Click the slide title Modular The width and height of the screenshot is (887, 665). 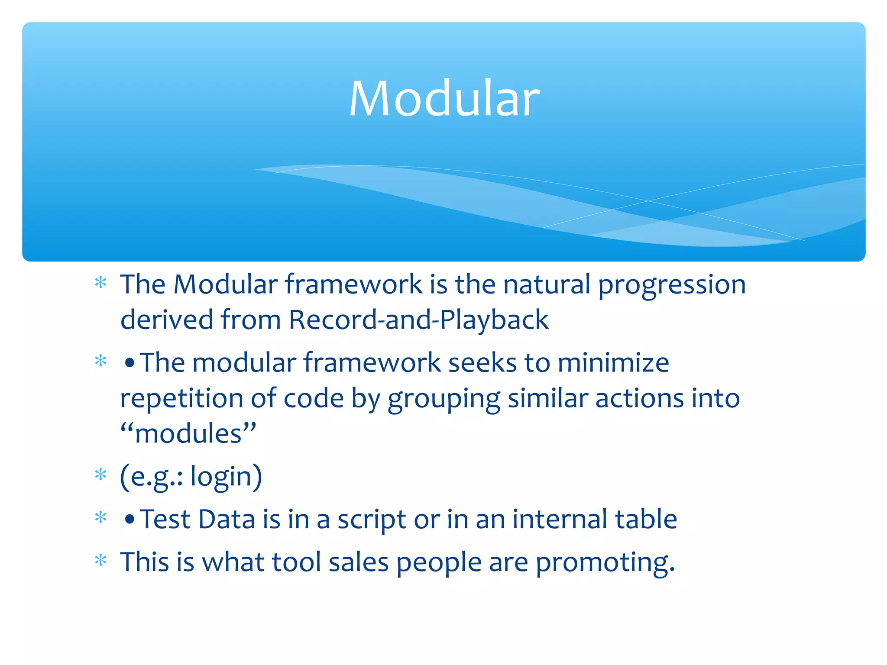(444, 99)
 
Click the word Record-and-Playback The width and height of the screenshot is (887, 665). (418, 320)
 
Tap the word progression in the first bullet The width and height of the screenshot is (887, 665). (671, 286)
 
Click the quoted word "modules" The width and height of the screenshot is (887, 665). (188, 434)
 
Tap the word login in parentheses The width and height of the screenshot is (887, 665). (221, 477)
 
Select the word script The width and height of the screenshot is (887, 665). (372, 520)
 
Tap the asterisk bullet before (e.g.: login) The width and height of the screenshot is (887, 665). (100, 475)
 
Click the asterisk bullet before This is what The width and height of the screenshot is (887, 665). (100, 560)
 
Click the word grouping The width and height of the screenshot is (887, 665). (443, 399)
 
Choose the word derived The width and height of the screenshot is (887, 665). (167, 320)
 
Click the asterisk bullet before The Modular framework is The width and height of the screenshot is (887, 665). (100, 283)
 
